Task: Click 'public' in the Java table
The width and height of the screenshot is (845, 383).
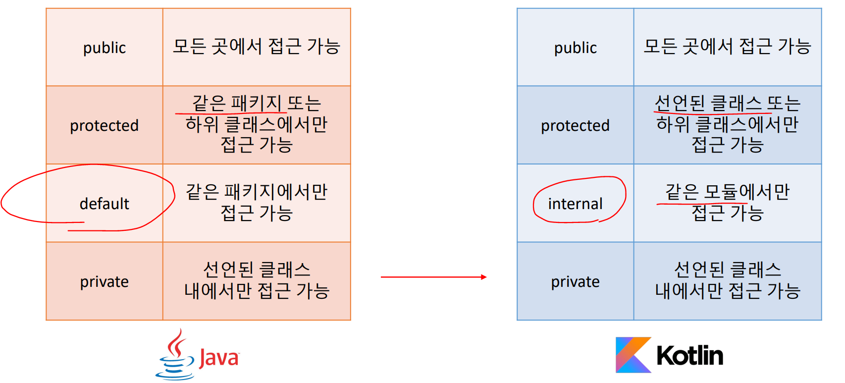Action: [104, 48]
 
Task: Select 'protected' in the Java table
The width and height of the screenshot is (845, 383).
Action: [104, 125]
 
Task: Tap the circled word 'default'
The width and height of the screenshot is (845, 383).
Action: [104, 204]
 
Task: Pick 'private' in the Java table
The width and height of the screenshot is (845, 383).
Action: [104, 281]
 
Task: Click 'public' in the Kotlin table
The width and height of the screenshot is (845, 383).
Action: [575, 48]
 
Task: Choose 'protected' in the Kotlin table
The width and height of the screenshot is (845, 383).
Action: [575, 125]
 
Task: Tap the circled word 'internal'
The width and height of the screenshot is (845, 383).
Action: [575, 204]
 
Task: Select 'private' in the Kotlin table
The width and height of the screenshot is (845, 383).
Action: [575, 281]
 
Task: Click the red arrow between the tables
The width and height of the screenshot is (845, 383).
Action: [433, 277]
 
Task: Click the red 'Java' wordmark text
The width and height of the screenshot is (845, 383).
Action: [218, 357]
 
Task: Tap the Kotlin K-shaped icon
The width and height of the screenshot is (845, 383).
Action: [633, 355]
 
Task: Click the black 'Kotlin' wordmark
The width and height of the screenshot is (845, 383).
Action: [689, 355]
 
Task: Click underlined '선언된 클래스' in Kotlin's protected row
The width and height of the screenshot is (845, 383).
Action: [708, 103]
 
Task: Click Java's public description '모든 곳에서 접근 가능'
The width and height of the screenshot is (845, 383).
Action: [257, 47]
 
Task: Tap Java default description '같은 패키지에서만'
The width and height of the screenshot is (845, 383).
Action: [257, 192]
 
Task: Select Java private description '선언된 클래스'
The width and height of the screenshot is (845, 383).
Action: [257, 270]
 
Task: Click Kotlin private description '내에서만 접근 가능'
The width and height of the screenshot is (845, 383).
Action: [728, 291]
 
